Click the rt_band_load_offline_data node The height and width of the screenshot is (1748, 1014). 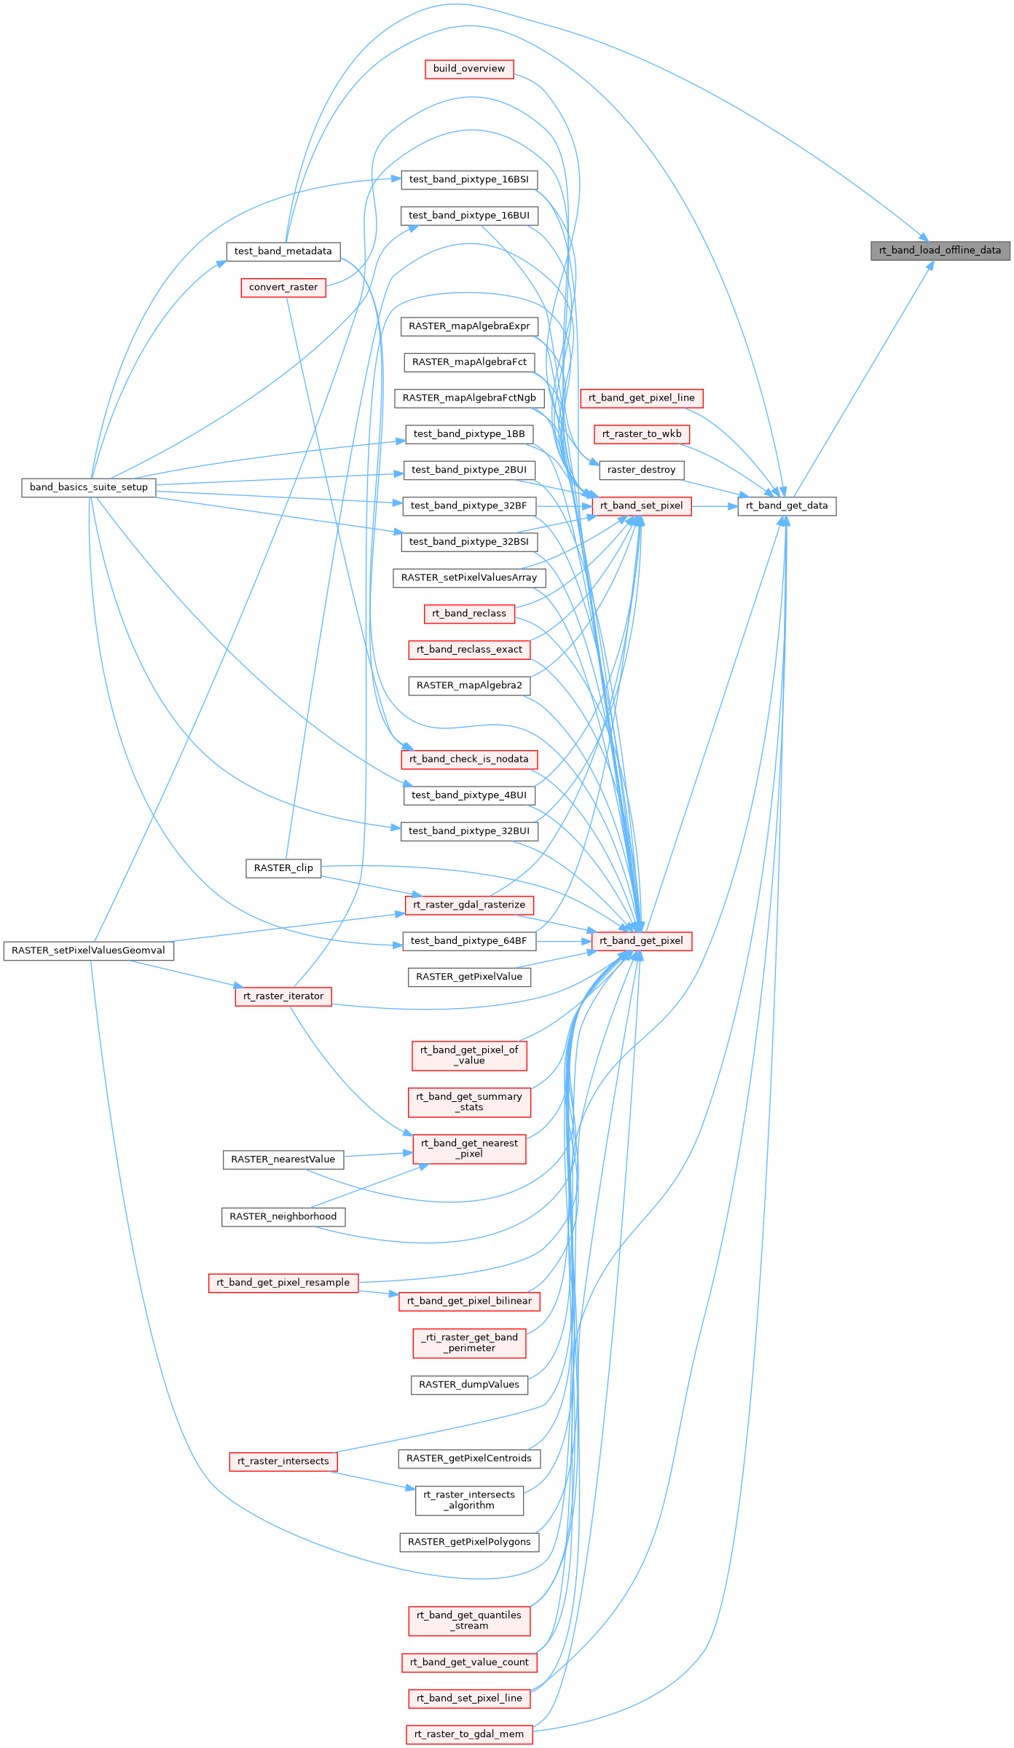(x=940, y=251)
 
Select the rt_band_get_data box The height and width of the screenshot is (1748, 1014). (x=787, y=505)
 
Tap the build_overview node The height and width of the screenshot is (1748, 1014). (x=469, y=69)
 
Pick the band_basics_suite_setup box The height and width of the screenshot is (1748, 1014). (x=89, y=487)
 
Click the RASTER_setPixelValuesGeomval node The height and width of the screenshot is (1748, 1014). (x=89, y=950)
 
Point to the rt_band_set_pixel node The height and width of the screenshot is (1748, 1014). (x=641, y=505)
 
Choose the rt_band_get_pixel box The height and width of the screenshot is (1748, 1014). (x=641, y=941)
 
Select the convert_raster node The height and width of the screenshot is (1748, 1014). (x=283, y=288)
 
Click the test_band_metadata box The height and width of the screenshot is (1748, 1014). (x=283, y=251)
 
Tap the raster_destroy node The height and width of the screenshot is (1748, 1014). (x=641, y=470)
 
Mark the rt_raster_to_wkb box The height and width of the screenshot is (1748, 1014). (x=641, y=434)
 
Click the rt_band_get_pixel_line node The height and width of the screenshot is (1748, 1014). (x=641, y=398)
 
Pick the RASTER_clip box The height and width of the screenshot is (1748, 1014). (x=283, y=868)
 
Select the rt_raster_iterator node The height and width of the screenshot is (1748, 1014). (x=283, y=996)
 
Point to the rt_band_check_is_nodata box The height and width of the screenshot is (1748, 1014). (x=469, y=759)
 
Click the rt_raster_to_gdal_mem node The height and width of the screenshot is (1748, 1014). (x=469, y=1734)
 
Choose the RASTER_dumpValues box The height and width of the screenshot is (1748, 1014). (x=469, y=1385)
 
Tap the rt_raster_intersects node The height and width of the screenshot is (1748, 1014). (x=283, y=1461)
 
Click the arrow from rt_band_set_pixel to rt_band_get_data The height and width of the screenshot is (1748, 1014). (x=714, y=505)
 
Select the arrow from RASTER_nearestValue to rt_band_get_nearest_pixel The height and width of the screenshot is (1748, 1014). (x=378, y=1154)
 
